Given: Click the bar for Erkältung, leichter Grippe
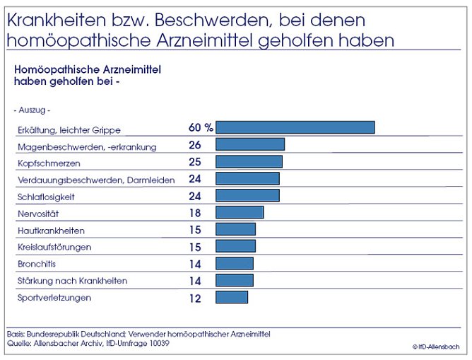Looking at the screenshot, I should pyautogui.click(x=295, y=127).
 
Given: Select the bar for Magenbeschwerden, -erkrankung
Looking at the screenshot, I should pyautogui.click(x=249, y=144).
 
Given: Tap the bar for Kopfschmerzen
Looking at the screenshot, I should pyautogui.click(x=248, y=161).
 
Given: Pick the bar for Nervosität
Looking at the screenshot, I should pyautogui.click(x=239, y=212).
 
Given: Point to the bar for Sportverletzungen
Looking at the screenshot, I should pyautogui.click(x=231, y=297).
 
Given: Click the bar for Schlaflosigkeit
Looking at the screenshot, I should pyautogui.click(x=247, y=195).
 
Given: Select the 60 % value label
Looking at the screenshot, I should pyautogui.click(x=201, y=127).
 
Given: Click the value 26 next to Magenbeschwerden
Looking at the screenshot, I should pyautogui.click(x=195, y=145).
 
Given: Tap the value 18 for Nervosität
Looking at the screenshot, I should pyautogui.click(x=195, y=213).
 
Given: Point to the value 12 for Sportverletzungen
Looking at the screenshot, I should pyautogui.click(x=195, y=298).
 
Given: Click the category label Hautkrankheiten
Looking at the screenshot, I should pyautogui.click(x=51, y=231).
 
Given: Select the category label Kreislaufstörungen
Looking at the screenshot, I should pyautogui.click(x=54, y=248).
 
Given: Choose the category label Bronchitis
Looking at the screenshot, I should pyautogui.click(x=36, y=264).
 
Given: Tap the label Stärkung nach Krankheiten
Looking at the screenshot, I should pyautogui.click(x=72, y=281).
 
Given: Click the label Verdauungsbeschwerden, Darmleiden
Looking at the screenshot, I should pyautogui.click(x=95, y=180).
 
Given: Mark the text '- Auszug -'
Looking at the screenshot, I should pyautogui.click(x=32, y=110).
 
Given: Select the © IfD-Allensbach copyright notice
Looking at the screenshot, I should pyautogui.click(x=436, y=347).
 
